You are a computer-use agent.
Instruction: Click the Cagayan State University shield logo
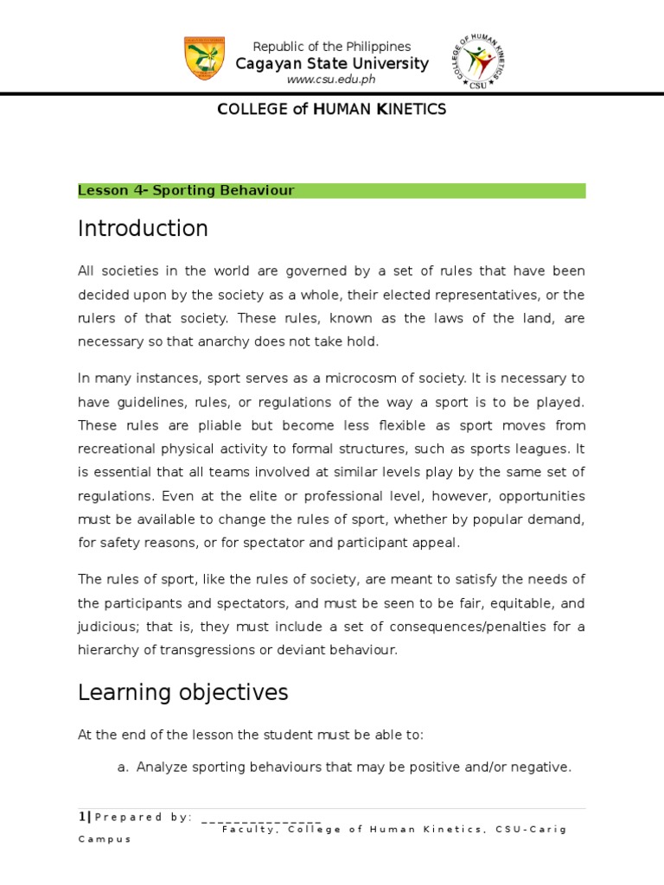click(x=205, y=59)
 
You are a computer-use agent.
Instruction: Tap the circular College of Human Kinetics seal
click(x=477, y=61)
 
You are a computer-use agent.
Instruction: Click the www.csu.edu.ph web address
click(x=331, y=80)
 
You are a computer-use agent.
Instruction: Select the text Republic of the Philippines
click(x=331, y=47)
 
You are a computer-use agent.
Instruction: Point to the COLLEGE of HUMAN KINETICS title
click(x=331, y=109)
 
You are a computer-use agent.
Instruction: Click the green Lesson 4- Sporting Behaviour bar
click(x=331, y=190)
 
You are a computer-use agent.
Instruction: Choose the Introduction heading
click(x=143, y=228)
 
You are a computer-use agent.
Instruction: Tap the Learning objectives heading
click(x=182, y=692)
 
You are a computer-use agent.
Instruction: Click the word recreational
click(x=118, y=449)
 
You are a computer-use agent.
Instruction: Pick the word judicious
click(x=107, y=627)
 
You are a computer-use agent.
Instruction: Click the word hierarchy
click(x=108, y=650)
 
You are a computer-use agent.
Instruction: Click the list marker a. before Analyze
click(x=122, y=767)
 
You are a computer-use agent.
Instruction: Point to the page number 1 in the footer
click(x=81, y=817)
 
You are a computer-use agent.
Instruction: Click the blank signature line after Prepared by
click(x=260, y=818)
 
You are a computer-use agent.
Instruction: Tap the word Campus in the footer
click(x=104, y=839)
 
